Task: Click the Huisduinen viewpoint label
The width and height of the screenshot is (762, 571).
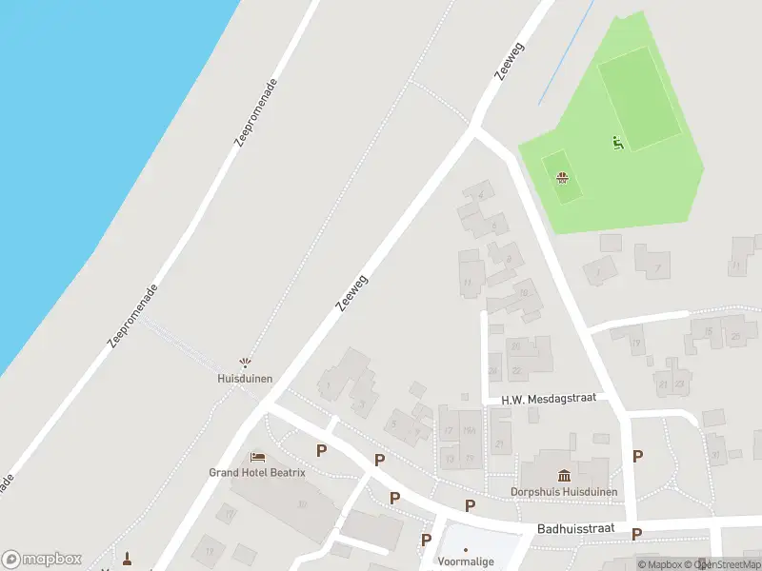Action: click(245, 378)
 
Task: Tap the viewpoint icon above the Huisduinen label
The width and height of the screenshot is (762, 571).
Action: click(246, 363)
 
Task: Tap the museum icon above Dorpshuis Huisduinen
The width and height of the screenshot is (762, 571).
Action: click(564, 476)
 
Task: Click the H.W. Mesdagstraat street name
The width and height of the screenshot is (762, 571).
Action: click(548, 400)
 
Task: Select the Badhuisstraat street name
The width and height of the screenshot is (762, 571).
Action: click(576, 528)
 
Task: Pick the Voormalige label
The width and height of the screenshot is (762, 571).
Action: click(467, 561)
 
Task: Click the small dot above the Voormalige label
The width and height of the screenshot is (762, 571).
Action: click(466, 549)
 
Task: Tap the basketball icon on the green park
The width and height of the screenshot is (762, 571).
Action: click(562, 178)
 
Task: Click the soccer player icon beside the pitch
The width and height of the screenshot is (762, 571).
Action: click(617, 144)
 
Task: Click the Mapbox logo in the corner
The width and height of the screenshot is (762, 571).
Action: click(42, 560)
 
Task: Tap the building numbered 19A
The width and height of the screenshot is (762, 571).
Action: click(469, 431)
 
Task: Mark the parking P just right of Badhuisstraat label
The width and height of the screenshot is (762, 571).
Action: click(636, 534)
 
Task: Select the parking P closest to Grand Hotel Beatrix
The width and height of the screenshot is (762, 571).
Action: click(321, 450)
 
